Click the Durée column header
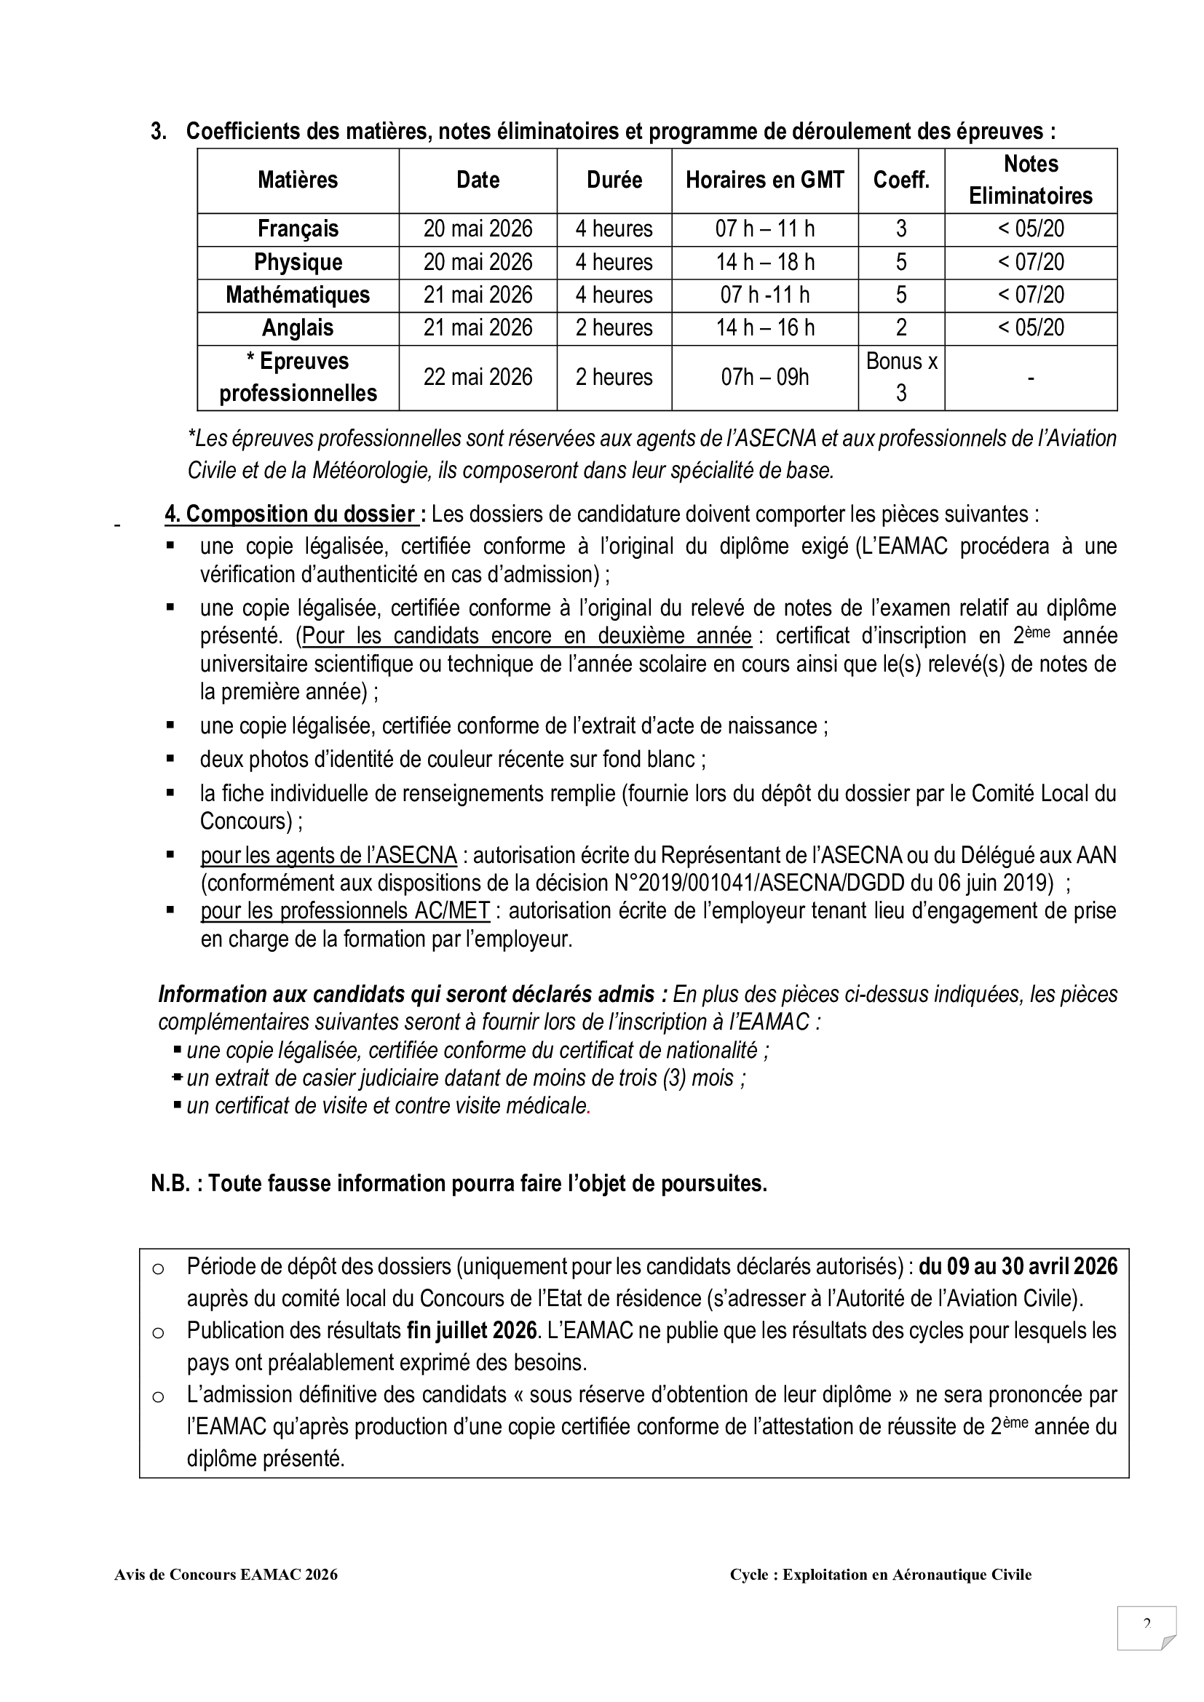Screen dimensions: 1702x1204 [x=614, y=180]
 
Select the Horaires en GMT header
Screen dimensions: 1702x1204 [x=764, y=180]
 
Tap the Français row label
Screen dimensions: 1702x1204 [x=298, y=229]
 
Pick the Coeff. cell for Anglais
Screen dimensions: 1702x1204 [x=900, y=327]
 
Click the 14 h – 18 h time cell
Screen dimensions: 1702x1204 [x=764, y=263]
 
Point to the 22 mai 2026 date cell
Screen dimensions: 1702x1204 [x=478, y=378]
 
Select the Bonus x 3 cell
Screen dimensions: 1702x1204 [x=900, y=378]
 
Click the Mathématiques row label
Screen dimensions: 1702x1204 [x=298, y=295]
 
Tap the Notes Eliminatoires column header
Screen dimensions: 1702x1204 [x=1031, y=180]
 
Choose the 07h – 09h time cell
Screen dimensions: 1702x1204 [x=764, y=378]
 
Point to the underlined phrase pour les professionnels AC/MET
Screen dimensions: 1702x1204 [x=346, y=910]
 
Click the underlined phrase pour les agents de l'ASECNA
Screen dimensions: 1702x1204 [x=328, y=856]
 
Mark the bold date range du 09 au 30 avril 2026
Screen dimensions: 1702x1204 [x=1017, y=1266]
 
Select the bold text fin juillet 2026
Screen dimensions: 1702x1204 [x=472, y=1331]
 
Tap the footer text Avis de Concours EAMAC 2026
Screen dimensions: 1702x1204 [x=226, y=1595]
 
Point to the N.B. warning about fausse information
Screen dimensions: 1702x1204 [x=459, y=1184]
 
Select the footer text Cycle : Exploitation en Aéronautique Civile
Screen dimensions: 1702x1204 [x=880, y=1595]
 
